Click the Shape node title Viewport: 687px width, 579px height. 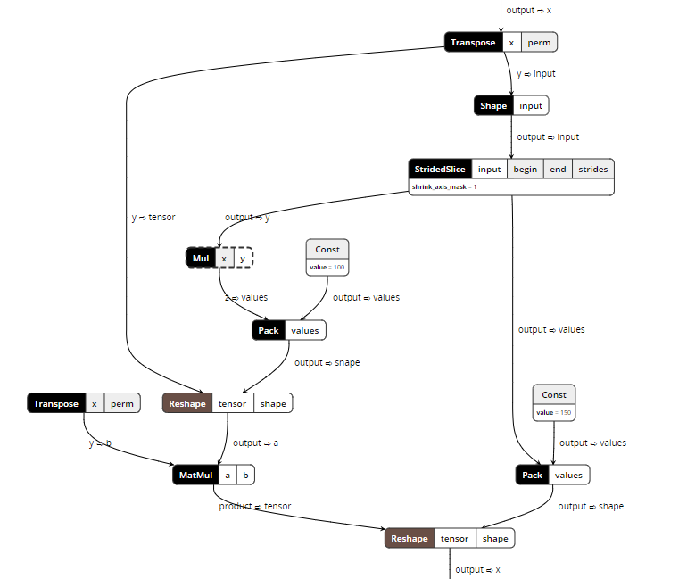coord(493,106)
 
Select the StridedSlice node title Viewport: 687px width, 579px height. coord(440,169)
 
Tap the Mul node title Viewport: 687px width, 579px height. coord(201,259)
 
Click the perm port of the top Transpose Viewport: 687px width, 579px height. coord(539,42)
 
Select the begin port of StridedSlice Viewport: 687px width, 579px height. coord(525,169)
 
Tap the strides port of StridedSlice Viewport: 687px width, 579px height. coord(592,169)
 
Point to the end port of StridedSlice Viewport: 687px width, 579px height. coord(557,169)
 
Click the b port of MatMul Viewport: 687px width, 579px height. coord(245,476)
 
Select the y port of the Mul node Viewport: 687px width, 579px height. coord(242,259)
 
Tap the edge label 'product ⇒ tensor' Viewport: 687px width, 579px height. coord(255,506)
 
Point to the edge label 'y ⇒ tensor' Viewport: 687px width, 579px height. coord(153,217)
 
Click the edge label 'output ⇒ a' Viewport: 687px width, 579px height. coord(255,443)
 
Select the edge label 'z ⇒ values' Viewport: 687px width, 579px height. coord(246,297)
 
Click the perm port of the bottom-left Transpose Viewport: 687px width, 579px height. coord(122,404)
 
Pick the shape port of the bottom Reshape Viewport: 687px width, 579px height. coord(495,539)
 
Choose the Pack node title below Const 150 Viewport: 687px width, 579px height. coord(532,476)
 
